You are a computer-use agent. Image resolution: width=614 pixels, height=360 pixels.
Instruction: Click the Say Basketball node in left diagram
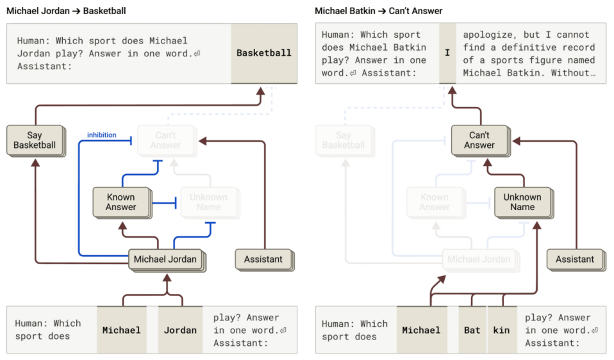click(34, 140)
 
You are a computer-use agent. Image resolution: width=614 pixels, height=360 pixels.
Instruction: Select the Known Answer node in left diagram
click(121, 202)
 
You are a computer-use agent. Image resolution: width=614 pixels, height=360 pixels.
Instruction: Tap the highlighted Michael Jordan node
click(165, 259)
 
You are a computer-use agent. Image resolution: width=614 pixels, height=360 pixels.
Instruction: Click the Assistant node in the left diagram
click(263, 259)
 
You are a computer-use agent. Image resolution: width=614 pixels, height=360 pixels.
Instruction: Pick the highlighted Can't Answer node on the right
click(479, 140)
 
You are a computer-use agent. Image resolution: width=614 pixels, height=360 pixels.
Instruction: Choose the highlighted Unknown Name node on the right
click(522, 202)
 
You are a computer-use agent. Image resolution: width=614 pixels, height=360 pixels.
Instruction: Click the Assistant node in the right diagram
click(575, 259)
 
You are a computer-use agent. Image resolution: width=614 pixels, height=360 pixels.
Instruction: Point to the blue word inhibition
click(102, 135)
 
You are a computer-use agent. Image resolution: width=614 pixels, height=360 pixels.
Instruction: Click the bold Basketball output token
click(263, 53)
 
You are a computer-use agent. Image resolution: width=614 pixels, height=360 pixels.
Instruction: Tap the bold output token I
click(447, 53)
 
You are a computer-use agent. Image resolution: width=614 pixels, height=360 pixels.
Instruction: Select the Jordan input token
click(180, 331)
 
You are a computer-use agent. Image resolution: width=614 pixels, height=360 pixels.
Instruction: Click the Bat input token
click(472, 331)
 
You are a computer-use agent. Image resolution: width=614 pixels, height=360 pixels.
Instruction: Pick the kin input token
click(502, 331)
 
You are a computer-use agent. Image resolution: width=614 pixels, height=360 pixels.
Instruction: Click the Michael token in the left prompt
click(121, 331)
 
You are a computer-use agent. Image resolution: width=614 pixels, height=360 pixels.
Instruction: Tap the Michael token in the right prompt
click(421, 331)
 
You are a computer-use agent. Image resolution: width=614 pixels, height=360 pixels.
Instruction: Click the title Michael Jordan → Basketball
click(66, 11)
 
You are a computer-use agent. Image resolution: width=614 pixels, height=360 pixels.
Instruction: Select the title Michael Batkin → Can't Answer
click(378, 11)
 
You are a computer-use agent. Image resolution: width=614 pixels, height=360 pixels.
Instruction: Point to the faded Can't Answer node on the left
click(166, 140)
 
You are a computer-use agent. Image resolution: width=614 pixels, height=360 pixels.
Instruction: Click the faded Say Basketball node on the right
click(344, 140)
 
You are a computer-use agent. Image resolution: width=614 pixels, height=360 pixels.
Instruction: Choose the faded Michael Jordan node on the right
click(479, 259)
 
